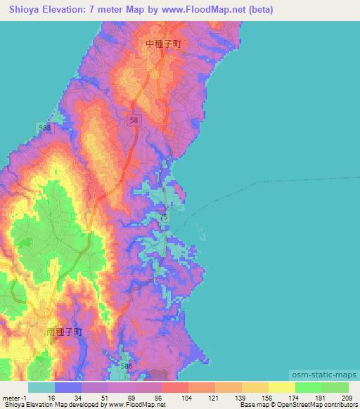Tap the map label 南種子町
[x=63, y=330]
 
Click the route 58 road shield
[x=134, y=121]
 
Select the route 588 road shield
[x=45, y=128]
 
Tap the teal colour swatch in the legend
[x=41, y=387]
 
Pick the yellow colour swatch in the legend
[x=282, y=387]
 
